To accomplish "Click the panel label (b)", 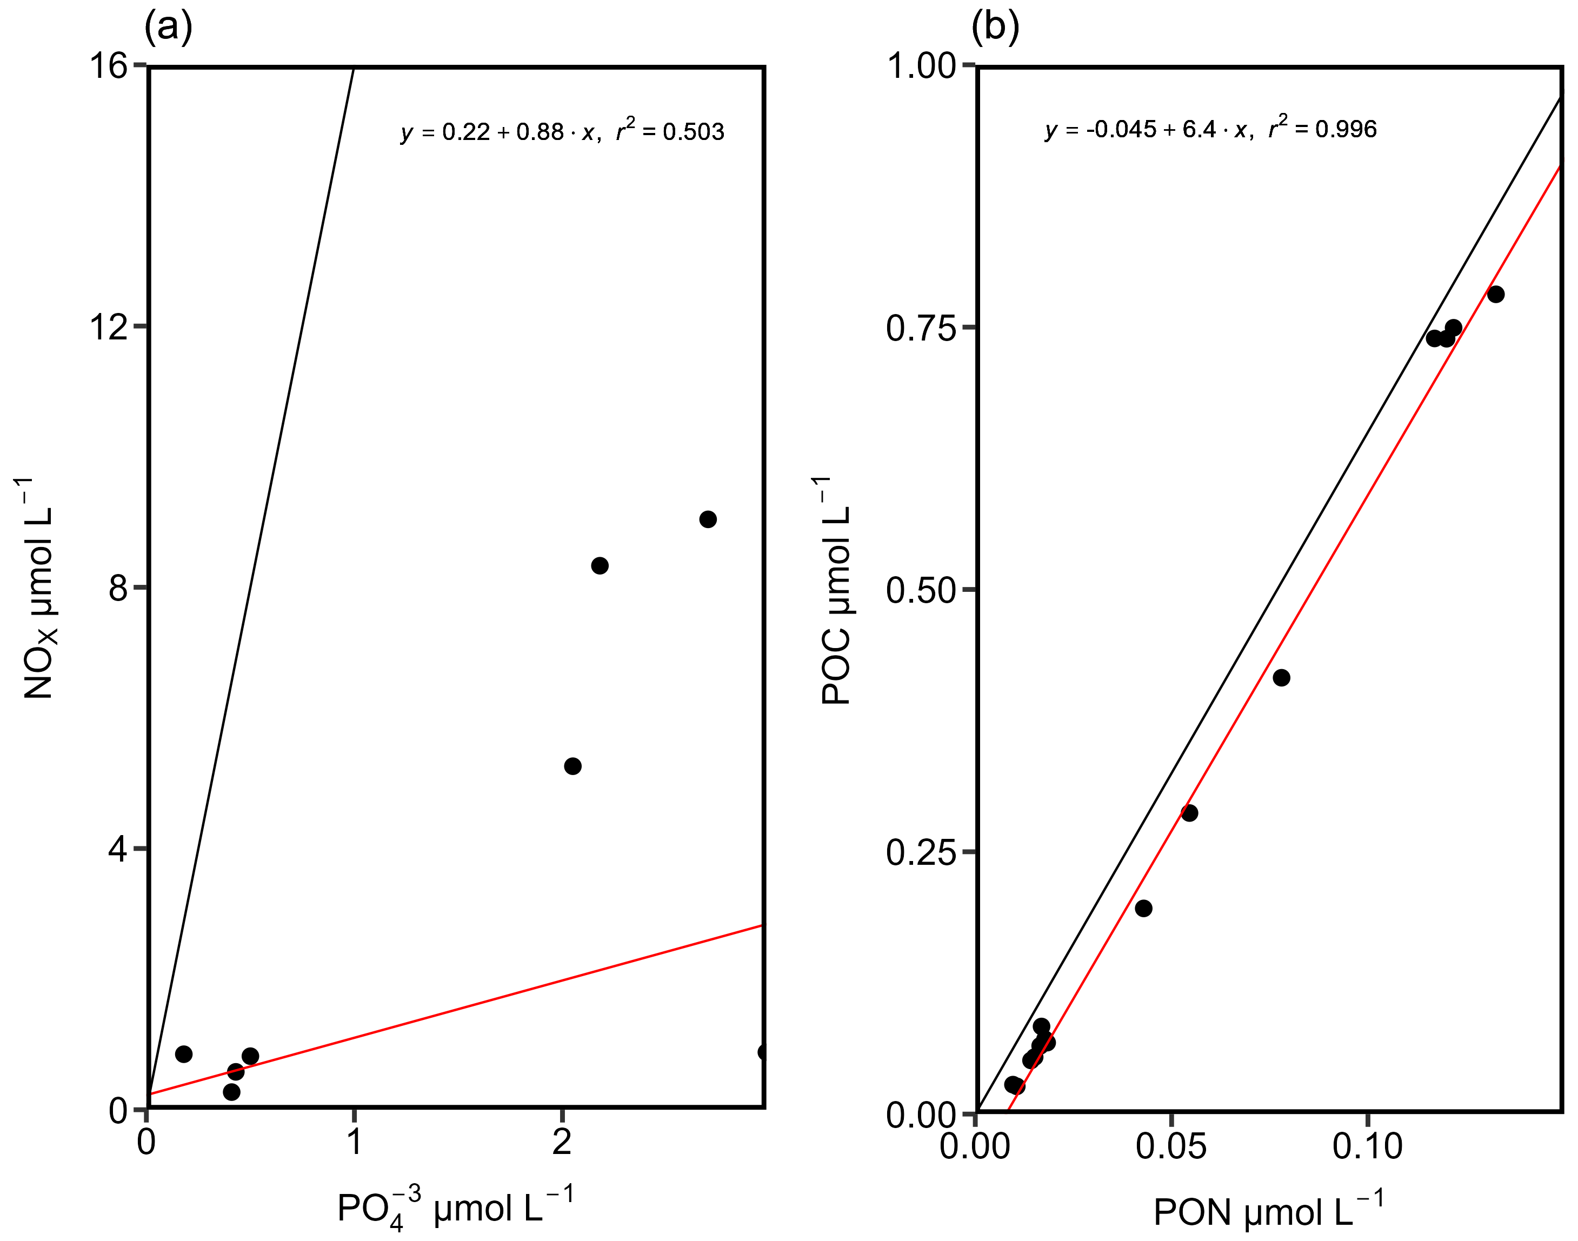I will [x=995, y=28].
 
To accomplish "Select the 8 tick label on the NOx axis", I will [x=118, y=588].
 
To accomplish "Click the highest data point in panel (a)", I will [x=708, y=519].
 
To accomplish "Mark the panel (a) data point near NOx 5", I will [x=572, y=766].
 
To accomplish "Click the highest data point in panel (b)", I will [x=1495, y=294].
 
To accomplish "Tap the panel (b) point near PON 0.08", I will [x=1282, y=678].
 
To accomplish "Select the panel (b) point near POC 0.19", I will [x=1143, y=908].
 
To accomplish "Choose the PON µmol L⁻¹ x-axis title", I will [x=1268, y=1212].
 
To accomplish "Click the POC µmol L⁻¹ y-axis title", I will [x=836, y=590].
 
